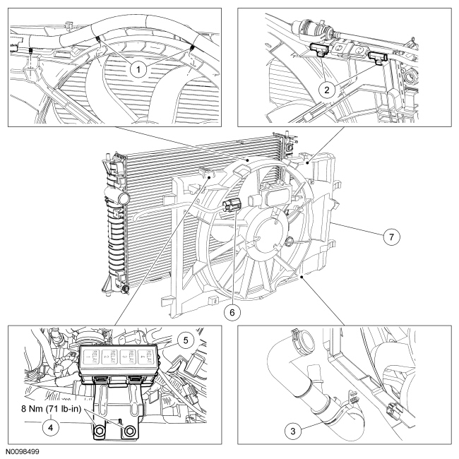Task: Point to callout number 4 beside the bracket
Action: [31, 427]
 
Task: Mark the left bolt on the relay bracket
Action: [99, 430]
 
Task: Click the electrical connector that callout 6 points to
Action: [229, 207]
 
